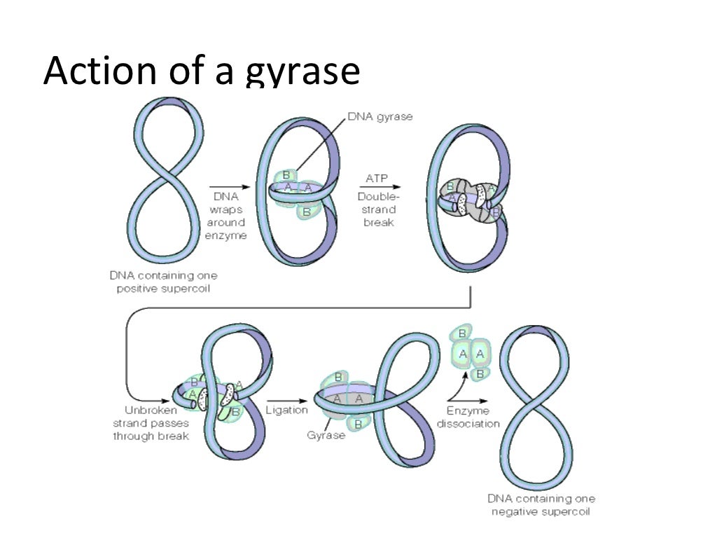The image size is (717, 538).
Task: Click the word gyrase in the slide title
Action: (x=303, y=72)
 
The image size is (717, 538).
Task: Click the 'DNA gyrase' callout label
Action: (x=380, y=117)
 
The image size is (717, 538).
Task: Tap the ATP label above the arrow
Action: (x=377, y=179)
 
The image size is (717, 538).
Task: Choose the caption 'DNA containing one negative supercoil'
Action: (x=541, y=505)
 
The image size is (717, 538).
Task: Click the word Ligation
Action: (x=286, y=410)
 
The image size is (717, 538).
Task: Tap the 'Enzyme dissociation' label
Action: (x=468, y=417)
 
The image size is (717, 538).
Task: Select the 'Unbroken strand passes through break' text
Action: (x=151, y=423)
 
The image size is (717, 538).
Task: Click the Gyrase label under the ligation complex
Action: (x=326, y=436)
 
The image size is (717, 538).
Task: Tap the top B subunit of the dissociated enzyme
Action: (x=462, y=333)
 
